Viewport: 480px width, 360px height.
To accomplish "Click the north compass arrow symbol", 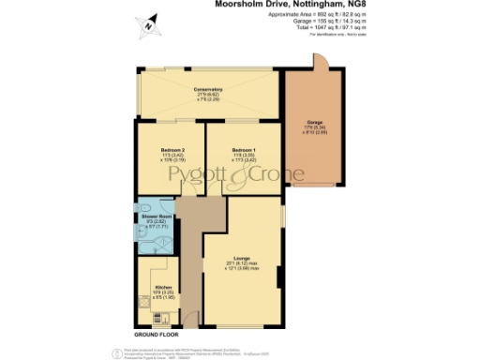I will pos(146,27).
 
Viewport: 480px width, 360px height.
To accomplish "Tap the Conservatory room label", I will pos(208,89).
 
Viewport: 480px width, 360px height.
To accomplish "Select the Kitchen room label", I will pos(151,288).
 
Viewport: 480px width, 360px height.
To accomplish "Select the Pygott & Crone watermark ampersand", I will pos(241,174).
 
